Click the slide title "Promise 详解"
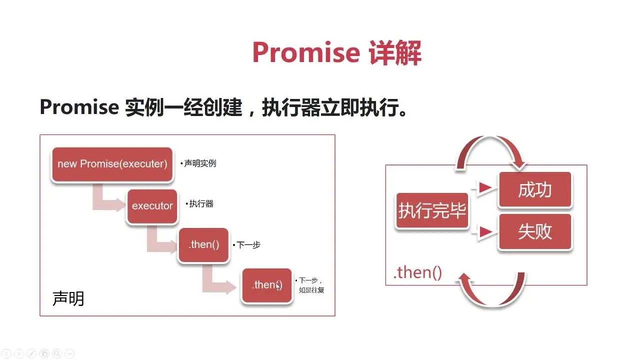point(336,52)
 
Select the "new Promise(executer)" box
point(112,164)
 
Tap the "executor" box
point(152,206)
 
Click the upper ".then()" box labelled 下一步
point(204,245)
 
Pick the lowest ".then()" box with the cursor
point(267,285)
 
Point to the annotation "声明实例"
point(199,163)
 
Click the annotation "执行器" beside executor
point(200,204)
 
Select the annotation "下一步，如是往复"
point(310,285)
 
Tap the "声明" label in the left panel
point(68,298)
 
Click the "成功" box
point(535,190)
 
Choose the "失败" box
point(535,232)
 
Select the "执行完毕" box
point(432,210)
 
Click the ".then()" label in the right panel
point(417,272)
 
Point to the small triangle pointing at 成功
point(484,188)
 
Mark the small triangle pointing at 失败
point(484,231)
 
